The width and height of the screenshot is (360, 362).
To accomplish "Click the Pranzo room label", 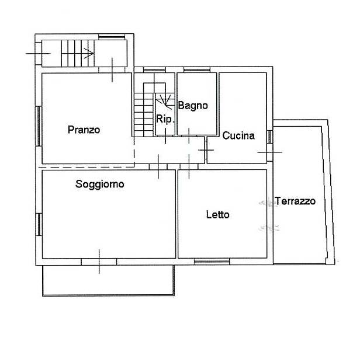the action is coord(84,130).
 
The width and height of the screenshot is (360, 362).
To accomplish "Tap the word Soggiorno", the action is coord(100,185).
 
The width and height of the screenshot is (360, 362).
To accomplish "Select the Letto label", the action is coord(217,215).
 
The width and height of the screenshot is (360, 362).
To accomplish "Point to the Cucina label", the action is coord(238,135).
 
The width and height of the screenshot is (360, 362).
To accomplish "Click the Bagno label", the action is coord(193,106).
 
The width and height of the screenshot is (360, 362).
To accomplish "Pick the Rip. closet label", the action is coord(165,119).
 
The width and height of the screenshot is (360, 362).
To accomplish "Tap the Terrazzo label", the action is coord(295,201).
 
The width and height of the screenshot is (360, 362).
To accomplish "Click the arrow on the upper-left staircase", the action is coord(89,53).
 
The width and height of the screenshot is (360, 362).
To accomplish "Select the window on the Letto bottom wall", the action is coord(212,262).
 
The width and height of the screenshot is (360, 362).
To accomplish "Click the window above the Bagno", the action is coord(197,69).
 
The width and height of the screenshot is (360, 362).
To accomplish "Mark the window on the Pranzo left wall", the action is coord(39,126).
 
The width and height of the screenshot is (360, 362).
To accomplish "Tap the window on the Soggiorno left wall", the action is coord(39,224).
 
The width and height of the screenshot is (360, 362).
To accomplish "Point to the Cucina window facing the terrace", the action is coord(269,137).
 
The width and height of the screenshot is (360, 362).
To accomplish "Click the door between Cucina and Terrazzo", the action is coord(269,152).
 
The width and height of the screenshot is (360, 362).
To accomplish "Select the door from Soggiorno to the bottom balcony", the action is coord(99,262).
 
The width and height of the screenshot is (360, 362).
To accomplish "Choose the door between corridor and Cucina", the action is coord(206,150).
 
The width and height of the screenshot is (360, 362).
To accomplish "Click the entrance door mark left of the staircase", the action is coord(38,53).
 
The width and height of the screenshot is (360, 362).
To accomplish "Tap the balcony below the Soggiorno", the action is coord(108,280).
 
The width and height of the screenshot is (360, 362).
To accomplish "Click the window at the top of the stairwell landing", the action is coord(112,37).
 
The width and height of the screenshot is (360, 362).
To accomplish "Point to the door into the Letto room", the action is coord(189,166).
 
